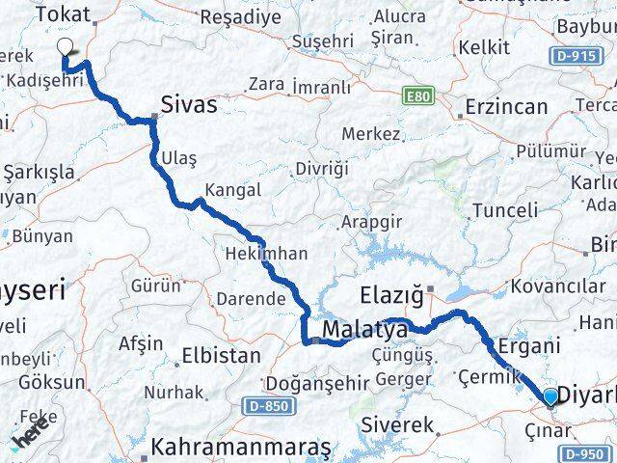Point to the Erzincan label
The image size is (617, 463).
[505, 106]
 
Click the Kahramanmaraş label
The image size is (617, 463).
[241, 449]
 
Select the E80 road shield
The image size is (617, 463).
[416, 96]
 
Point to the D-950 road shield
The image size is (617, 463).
[586, 453]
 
